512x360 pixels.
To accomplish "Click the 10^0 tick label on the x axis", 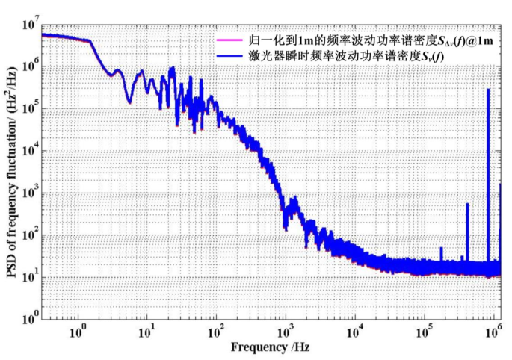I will [77, 331].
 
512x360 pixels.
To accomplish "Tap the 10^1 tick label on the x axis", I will [147, 331].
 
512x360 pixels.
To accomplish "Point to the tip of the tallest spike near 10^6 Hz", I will [488, 89].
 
